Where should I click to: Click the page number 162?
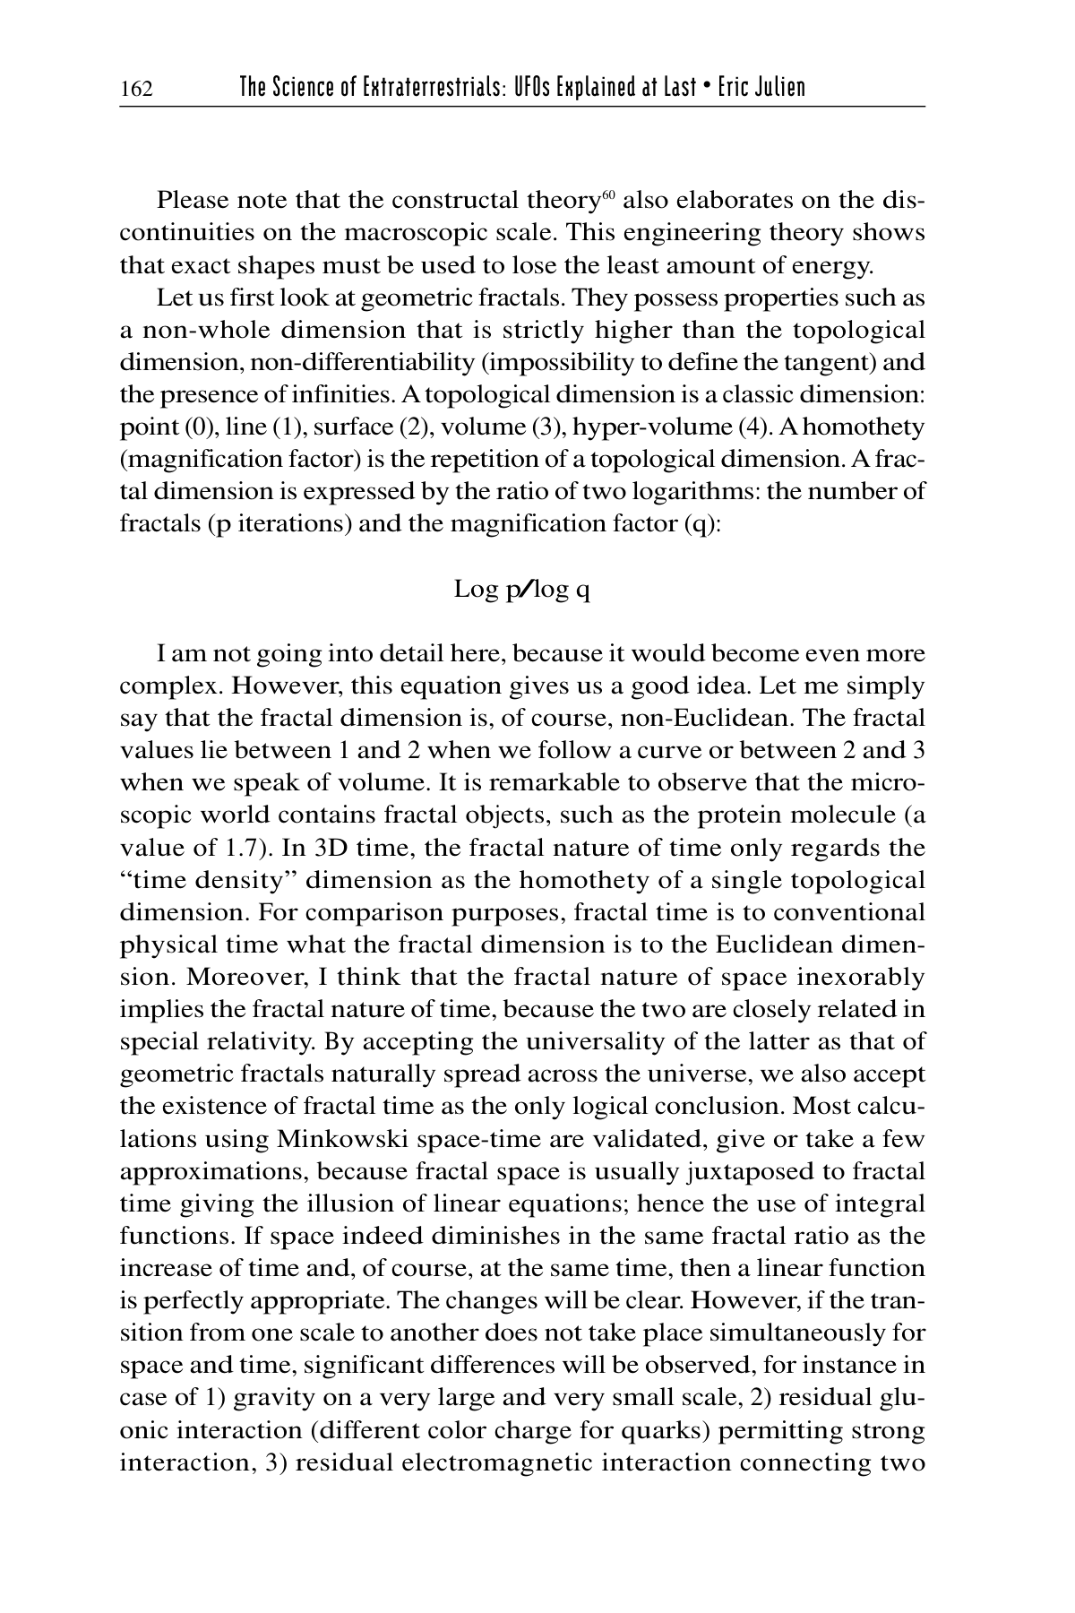(x=137, y=89)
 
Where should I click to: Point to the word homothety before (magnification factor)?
(x=865, y=427)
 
